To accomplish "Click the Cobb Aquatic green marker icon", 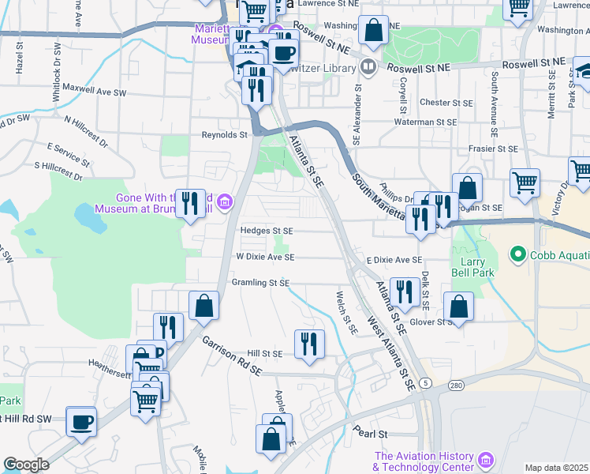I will tap(518, 254).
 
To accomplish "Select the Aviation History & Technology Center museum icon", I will tap(486, 459).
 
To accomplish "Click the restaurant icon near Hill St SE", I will tap(308, 343).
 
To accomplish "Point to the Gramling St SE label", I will tap(261, 282).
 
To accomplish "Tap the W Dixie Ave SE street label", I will tap(265, 257).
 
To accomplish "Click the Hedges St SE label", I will tap(267, 231).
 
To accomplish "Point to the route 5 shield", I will tap(426, 383).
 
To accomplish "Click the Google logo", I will tap(26, 465).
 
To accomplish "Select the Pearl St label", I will tap(371, 434).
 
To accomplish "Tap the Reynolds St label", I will tap(225, 135).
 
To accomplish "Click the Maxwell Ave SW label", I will tap(95, 88).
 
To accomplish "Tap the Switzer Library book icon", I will tap(366, 66).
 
